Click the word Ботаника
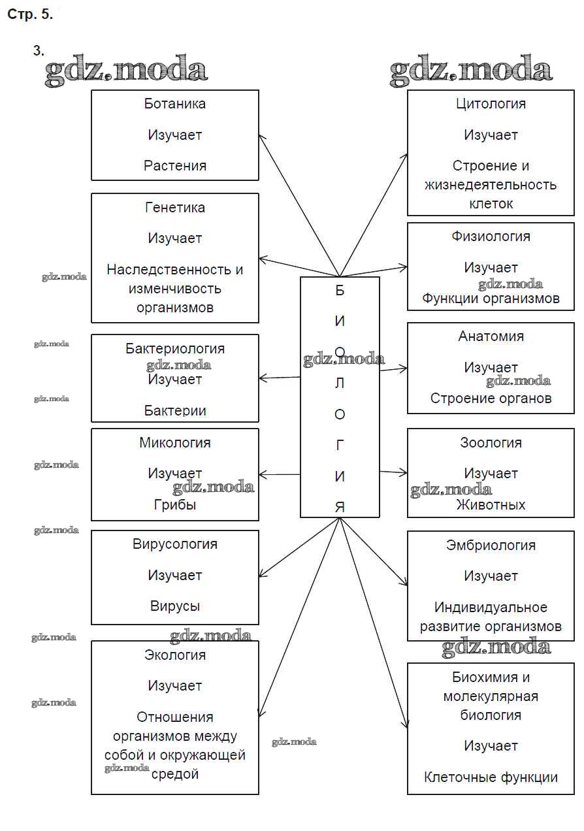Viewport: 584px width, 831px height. tap(174, 104)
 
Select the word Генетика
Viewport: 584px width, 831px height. tap(174, 208)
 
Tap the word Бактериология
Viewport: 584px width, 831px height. tap(174, 349)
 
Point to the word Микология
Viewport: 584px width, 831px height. tap(174, 443)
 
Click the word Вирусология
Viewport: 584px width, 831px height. tap(174, 544)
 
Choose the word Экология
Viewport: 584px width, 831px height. tap(174, 655)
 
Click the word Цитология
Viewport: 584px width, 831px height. tap(491, 104)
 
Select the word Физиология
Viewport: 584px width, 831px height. tap(491, 236)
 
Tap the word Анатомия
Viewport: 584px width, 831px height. tap(491, 336)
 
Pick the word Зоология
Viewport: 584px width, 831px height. tap(491, 443)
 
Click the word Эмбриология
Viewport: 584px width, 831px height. tap(491, 546)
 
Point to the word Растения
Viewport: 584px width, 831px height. tap(174, 166)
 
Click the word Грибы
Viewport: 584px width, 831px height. tap(174, 505)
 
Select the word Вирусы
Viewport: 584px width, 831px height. tap(174, 606)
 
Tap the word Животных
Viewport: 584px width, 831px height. tap(491, 505)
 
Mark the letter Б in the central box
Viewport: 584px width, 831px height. tap(340, 291)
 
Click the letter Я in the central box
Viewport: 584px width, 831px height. tap(340, 507)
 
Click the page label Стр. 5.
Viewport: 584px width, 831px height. tap(30, 14)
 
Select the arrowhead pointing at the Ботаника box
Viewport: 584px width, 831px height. tap(262, 137)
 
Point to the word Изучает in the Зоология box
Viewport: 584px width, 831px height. tap(491, 474)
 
